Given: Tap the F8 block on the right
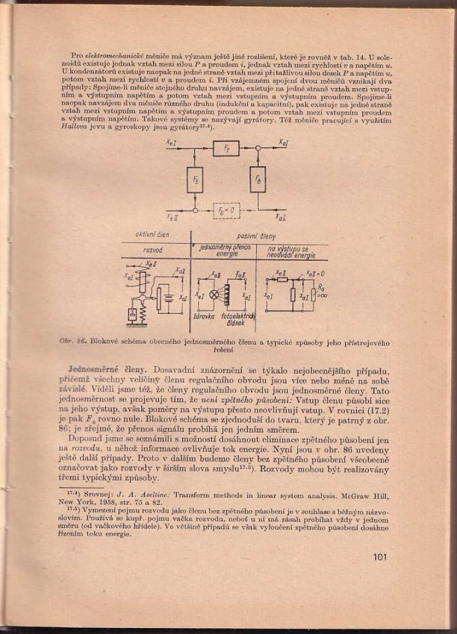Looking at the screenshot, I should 258,180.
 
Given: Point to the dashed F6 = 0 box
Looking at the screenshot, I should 226,210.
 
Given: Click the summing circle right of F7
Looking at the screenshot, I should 258,148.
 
